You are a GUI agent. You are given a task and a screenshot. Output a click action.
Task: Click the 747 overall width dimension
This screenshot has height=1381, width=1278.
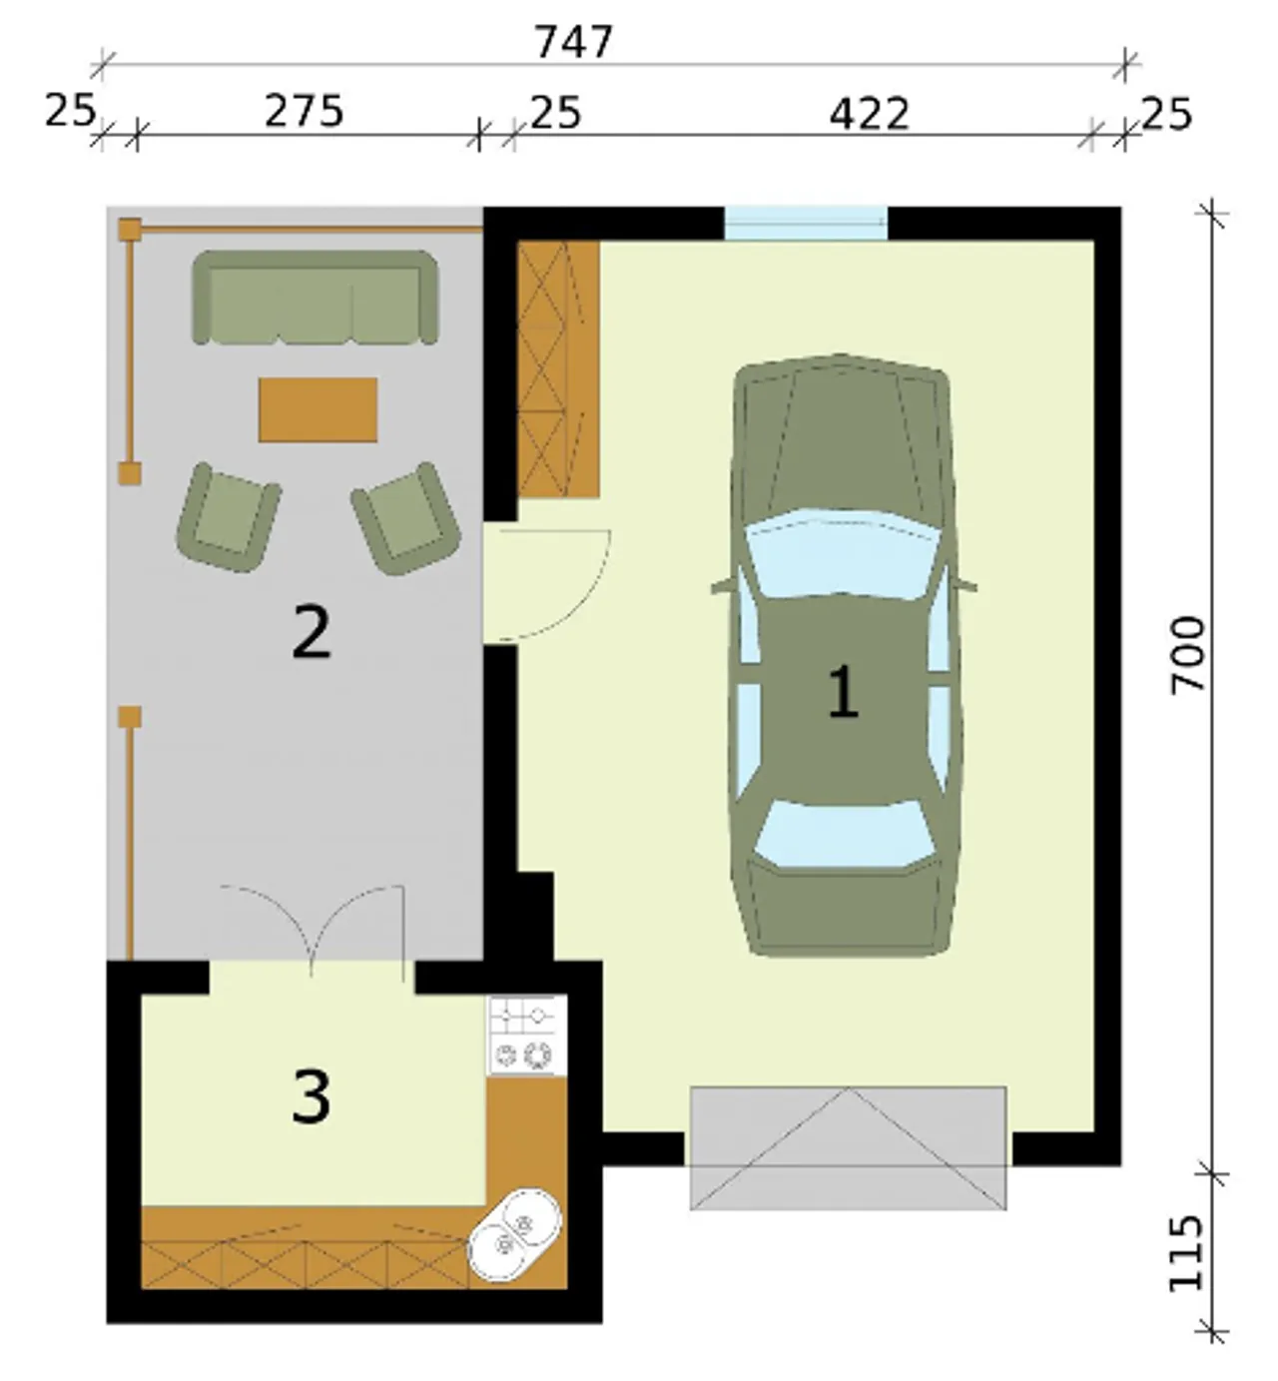574,42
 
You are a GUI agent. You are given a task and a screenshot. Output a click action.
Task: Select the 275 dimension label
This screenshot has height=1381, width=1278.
304,111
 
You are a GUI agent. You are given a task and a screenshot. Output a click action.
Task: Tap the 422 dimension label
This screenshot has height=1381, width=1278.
870,114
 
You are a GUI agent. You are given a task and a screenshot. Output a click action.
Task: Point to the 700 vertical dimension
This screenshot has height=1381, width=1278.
1187,654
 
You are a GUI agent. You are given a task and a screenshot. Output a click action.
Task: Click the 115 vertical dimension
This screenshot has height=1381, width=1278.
1186,1253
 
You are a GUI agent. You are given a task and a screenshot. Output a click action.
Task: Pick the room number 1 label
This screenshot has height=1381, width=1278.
843,691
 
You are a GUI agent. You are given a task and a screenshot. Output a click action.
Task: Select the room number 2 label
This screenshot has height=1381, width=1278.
311,632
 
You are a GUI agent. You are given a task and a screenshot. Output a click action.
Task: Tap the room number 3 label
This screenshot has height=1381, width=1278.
311,1096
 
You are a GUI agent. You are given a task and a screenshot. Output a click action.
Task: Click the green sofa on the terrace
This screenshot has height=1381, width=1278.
315,297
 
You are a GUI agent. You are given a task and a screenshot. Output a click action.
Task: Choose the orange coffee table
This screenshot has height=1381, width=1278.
319,409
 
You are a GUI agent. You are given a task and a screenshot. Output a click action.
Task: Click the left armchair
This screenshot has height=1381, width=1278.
229,518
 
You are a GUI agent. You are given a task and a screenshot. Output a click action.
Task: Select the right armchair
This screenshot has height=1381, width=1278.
406,518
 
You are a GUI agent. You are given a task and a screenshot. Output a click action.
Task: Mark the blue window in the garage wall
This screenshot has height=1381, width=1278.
806,224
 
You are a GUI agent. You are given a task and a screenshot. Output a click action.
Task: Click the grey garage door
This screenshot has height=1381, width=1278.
849,1147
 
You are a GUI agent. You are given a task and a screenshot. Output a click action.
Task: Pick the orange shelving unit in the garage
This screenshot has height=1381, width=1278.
558,369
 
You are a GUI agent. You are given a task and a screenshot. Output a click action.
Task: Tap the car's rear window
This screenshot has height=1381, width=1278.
845,834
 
